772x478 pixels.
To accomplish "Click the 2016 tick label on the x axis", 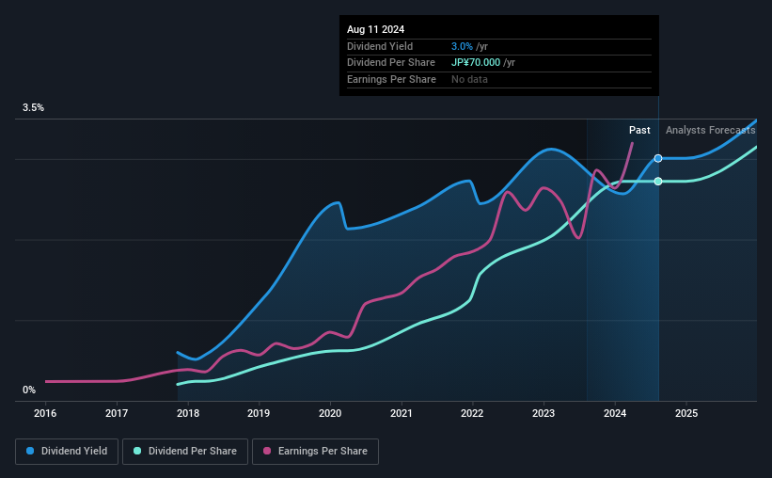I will click(x=46, y=413).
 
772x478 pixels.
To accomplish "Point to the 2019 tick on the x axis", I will click(x=259, y=413).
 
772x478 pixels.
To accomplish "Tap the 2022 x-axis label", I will click(x=472, y=413).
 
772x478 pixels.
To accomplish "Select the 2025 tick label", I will click(x=685, y=413).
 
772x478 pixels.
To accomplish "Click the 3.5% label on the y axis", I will click(x=34, y=108).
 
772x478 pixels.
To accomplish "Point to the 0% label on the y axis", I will click(x=29, y=390).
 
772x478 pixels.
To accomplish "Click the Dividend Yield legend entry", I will click(x=67, y=452).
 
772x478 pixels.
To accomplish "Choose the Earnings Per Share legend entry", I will click(x=315, y=452).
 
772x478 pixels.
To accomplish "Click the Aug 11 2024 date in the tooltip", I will click(x=374, y=30).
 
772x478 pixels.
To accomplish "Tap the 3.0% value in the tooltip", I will click(x=462, y=46).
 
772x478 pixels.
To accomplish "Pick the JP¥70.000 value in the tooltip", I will click(x=476, y=63).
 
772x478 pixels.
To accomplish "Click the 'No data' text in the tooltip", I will click(x=469, y=80).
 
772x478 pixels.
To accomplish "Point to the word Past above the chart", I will click(x=639, y=131).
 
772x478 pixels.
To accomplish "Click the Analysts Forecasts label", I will click(x=710, y=131).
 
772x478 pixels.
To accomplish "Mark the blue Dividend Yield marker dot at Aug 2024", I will click(x=658, y=158).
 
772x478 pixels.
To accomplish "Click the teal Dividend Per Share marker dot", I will click(x=658, y=181).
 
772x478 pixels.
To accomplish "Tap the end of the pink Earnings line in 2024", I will click(x=632, y=143).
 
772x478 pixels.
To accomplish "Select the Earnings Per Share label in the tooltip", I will click(x=391, y=80).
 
